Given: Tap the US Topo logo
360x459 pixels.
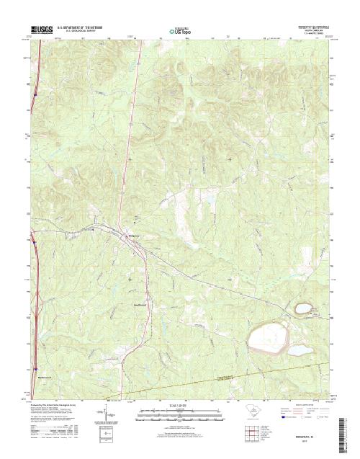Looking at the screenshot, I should pyautogui.click(x=179, y=32).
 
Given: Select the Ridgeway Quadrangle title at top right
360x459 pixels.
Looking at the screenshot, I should pyautogui.click(x=310, y=23).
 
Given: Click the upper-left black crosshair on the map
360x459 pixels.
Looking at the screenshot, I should pyautogui.click(x=130, y=158).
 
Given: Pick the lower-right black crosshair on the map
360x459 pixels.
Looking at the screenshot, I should pyautogui.click(x=230, y=279).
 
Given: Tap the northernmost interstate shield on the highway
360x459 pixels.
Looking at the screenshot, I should pyautogui.click(x=34, y=92).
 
